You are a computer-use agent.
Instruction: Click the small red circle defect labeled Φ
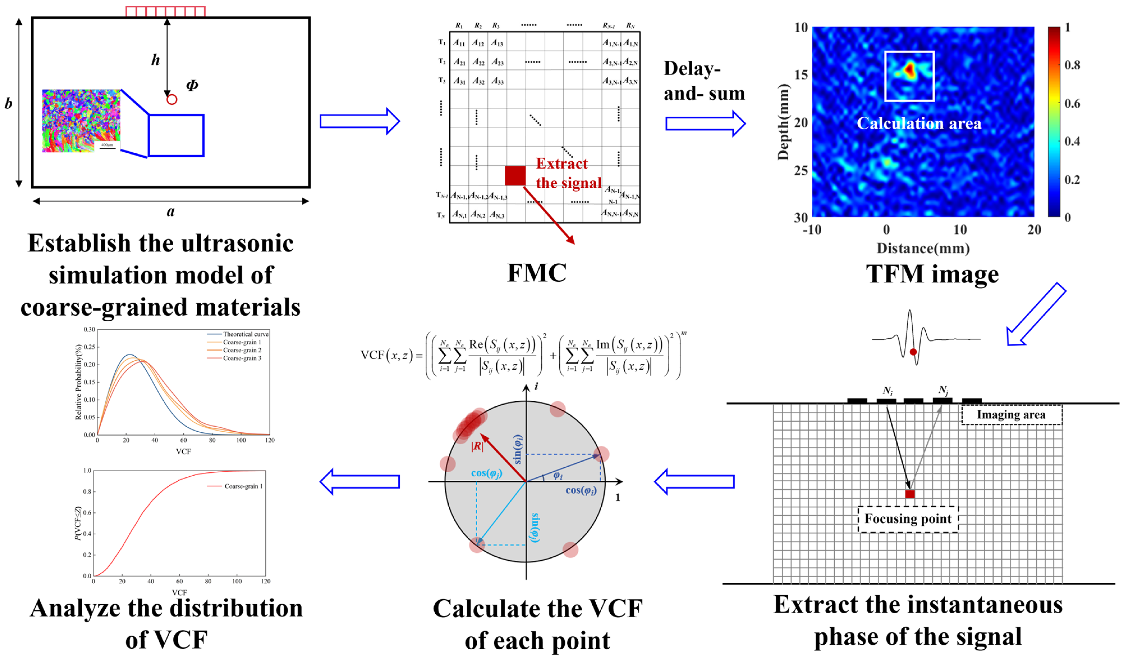pos(172,99)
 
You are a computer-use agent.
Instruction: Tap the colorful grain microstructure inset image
pos(81,121)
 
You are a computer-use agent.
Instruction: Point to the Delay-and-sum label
pos(704,81)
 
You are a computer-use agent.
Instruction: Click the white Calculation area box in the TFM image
pos(909,76)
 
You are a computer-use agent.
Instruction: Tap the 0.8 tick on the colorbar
pos(1072,65)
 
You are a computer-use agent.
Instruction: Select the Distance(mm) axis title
pos(923,249)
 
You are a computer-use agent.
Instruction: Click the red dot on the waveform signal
pos(913,352)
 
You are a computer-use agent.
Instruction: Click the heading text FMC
pos(537,273)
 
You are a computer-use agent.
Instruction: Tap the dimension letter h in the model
pos(155,60)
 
